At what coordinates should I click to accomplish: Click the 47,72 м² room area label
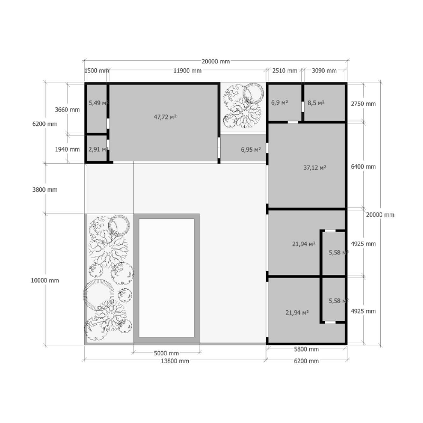165,117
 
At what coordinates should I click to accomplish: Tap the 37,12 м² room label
315,168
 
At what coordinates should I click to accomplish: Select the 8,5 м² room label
316,103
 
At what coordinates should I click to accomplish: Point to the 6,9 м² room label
280,103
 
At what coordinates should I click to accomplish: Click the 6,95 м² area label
251,150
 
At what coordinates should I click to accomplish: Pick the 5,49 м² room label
98,103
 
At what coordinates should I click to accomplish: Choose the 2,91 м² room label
98,149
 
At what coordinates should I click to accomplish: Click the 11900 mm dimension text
187,71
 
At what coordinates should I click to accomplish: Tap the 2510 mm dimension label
284,71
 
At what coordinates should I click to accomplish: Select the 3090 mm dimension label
324,71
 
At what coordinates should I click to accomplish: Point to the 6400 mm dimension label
363,167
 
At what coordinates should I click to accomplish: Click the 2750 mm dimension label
363,104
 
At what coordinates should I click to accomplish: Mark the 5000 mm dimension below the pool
166,353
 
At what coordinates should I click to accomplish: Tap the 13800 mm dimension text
175,361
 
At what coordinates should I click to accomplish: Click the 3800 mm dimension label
45,190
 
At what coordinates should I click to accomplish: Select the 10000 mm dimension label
45,280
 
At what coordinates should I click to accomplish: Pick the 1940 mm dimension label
68,149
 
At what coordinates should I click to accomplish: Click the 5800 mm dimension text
306,349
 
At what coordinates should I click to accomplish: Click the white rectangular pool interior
167,278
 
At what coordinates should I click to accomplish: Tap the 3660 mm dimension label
68,110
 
